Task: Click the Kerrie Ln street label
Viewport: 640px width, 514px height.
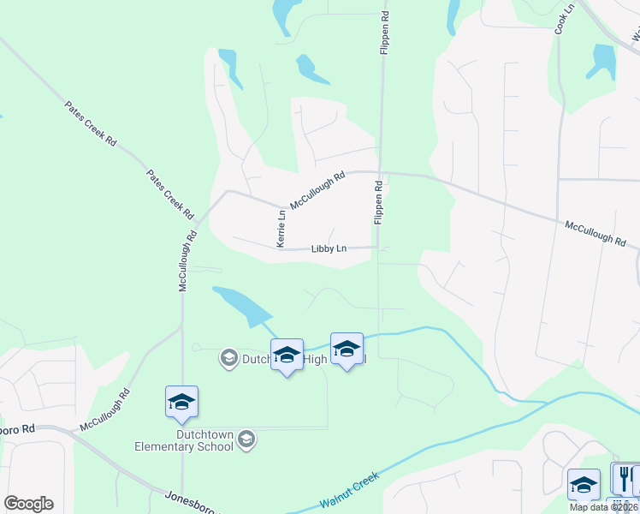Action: point(281,229)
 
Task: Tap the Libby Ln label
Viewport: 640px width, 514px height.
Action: point(329,249)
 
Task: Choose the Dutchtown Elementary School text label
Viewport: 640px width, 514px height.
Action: point(184,440)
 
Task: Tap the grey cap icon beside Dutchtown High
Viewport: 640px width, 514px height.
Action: point(228,357)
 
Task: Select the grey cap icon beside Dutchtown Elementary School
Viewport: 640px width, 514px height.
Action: point(246,440)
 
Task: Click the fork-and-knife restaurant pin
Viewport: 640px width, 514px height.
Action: point(625,477)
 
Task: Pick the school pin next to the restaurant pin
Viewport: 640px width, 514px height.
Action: point(584,484)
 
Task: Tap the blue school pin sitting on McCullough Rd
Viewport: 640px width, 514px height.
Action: point(181,402)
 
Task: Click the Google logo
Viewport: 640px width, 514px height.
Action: point(28,504)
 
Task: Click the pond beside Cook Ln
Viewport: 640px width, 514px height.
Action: point(603,60)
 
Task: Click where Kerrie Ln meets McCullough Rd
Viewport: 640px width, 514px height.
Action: point(281,206)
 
